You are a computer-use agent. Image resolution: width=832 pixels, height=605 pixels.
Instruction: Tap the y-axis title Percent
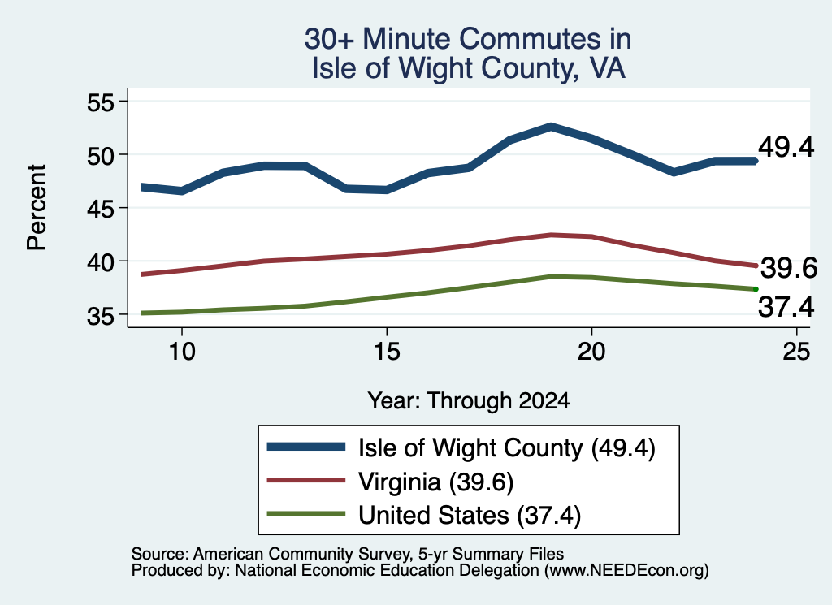click(37, 207)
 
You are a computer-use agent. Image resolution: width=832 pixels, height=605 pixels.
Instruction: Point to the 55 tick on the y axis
click(101, 102)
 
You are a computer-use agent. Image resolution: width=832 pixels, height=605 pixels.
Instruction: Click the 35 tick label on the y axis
click(101, 316)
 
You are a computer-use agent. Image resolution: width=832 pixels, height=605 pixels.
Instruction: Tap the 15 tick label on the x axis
click(387, 351)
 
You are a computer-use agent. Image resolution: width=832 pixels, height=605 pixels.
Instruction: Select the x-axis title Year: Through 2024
click(469, 401)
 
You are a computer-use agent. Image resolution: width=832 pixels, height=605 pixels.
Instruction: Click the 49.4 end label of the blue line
click(786, 147)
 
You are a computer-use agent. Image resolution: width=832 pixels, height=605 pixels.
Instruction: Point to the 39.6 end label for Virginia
click(789, 268)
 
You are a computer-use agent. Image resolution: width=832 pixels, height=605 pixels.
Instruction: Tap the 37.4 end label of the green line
click(786, 307)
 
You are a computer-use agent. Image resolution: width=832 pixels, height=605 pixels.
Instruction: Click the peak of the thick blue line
click(552, 127)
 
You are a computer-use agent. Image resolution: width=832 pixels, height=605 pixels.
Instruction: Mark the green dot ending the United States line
click(756, 289)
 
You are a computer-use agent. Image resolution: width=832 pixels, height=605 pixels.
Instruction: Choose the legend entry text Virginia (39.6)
click(436, 482)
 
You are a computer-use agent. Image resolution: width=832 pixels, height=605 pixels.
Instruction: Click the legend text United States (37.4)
click(470, 516)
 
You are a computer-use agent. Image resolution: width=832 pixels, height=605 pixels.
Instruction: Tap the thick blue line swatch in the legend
click(306, 447)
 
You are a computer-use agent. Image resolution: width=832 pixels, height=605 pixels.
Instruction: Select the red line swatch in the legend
click(306, 480)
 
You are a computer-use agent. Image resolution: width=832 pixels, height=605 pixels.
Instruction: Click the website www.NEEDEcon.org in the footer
click(626, 571)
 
